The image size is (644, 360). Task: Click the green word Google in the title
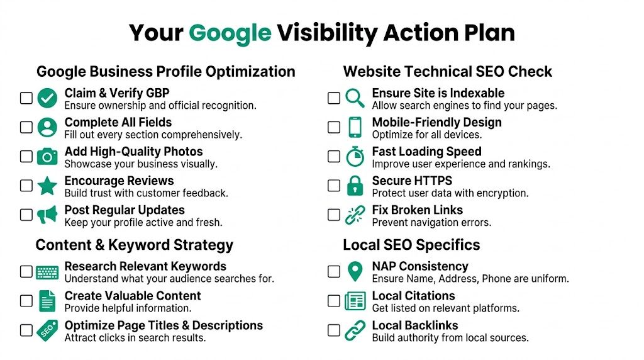click(x=230, y=33)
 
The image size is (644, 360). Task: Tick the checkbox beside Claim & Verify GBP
click(x=26, y=98)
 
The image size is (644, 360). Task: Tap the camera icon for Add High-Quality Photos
click(x=47, y=157)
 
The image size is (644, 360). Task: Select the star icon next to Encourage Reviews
click(x=47, y=186)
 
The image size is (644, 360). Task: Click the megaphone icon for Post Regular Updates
click(x=47, y=215)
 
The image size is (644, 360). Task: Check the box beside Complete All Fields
click(x=26, y=127)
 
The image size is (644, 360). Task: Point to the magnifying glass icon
click(x=355, y=98)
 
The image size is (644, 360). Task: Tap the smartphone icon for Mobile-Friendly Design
click(x=355, y=127)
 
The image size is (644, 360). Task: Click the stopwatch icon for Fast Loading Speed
click(x=355, y=157)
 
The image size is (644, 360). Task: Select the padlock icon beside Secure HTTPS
click(x=355, y=186)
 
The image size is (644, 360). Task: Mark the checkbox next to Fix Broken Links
click(x=334, y=215)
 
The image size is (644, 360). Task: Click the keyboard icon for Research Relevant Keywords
click(x=47, y=272)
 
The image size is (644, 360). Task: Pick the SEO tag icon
click(x=47, y=330)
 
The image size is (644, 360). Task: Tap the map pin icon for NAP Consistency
click(x=355, y=272)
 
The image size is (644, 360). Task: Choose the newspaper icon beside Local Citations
click(x=355, y=301)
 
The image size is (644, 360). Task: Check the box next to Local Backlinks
click(x=334, y=330)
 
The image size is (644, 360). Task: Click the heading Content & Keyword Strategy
click(x=134, y=245)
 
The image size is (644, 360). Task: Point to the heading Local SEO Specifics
click(x=411, y=245)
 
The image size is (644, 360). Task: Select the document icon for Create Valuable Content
click(x=47, y=301)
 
